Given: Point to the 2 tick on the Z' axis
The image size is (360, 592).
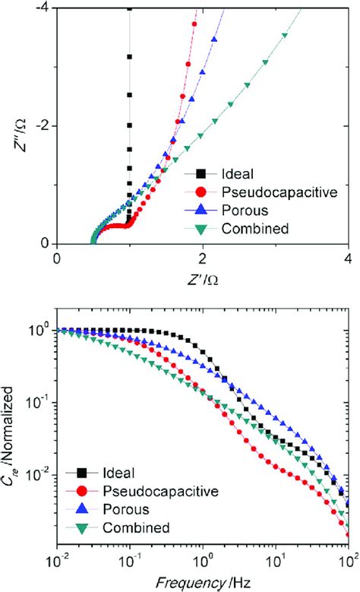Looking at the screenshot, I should click(202, 258).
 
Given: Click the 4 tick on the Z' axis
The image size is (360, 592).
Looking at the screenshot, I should click(348, 258).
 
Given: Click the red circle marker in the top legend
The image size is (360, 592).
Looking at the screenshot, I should click(202, 192).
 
